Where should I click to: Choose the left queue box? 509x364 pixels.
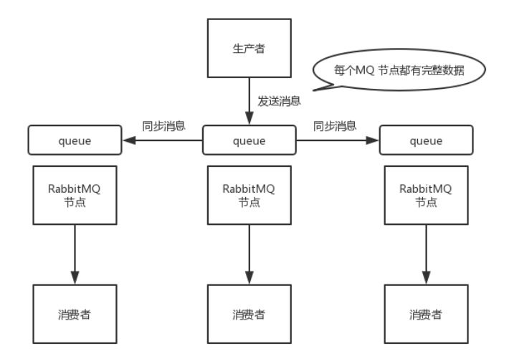[x=74, y=141]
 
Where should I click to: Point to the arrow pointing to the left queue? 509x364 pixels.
[x=161, y=141]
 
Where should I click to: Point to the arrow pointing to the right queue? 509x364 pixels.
[x=337, y=141]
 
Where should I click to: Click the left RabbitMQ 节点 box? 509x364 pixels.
[x=74, y=194]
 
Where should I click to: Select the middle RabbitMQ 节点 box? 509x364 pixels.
[x=249, y=194]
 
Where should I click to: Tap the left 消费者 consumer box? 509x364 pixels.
[x=74, y=313]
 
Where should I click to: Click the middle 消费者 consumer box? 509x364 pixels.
[x=249, y=313]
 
